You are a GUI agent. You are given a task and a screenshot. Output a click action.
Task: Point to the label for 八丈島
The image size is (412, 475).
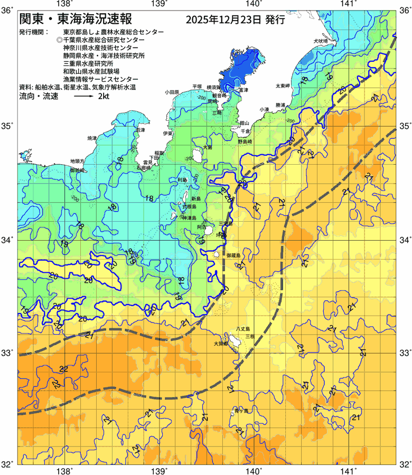tap(244, 328)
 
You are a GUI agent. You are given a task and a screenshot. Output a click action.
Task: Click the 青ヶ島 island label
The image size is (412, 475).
tap(241, 410)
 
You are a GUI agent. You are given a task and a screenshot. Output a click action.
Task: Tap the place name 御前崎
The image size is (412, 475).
tap(77, 171)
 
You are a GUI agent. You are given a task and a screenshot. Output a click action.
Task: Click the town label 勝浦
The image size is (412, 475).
tap(280, 105)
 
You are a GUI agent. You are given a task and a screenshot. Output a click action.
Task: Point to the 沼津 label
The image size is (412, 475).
tap(141, 130)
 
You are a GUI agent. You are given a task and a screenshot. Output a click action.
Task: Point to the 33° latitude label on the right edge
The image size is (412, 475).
tap(404, 353)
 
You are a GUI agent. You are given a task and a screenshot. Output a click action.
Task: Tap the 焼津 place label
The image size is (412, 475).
tap(92, 138)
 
